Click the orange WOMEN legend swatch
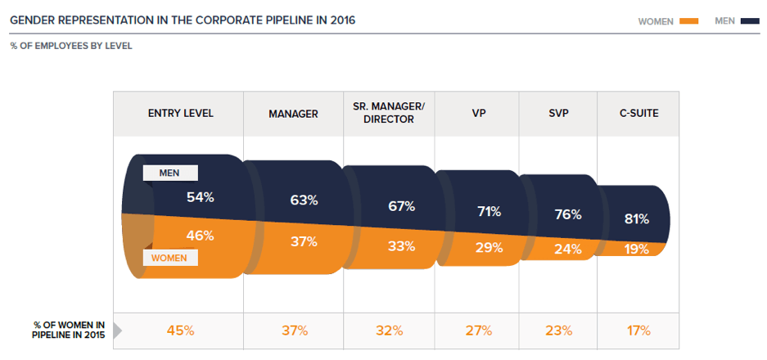(x=688, y=21)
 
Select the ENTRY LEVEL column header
(x=180, y=114)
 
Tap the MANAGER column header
(x=293, y=114)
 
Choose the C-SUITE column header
(x=638, y=114)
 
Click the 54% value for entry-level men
(x=200, y=197)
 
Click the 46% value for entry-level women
(x=200, y=236)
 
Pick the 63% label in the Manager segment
(x=304, y=200)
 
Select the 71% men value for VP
(x=489, y=212)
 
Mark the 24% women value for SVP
(x=567, y=249)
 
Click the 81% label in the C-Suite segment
(x=636, y=218)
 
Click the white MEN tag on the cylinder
(x=170, y=173)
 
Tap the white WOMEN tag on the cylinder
(x=170, y=258)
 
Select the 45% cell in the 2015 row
(x=180, y=331)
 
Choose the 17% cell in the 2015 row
(x=638, y=331)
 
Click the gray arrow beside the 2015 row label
(x=117, y=331)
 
